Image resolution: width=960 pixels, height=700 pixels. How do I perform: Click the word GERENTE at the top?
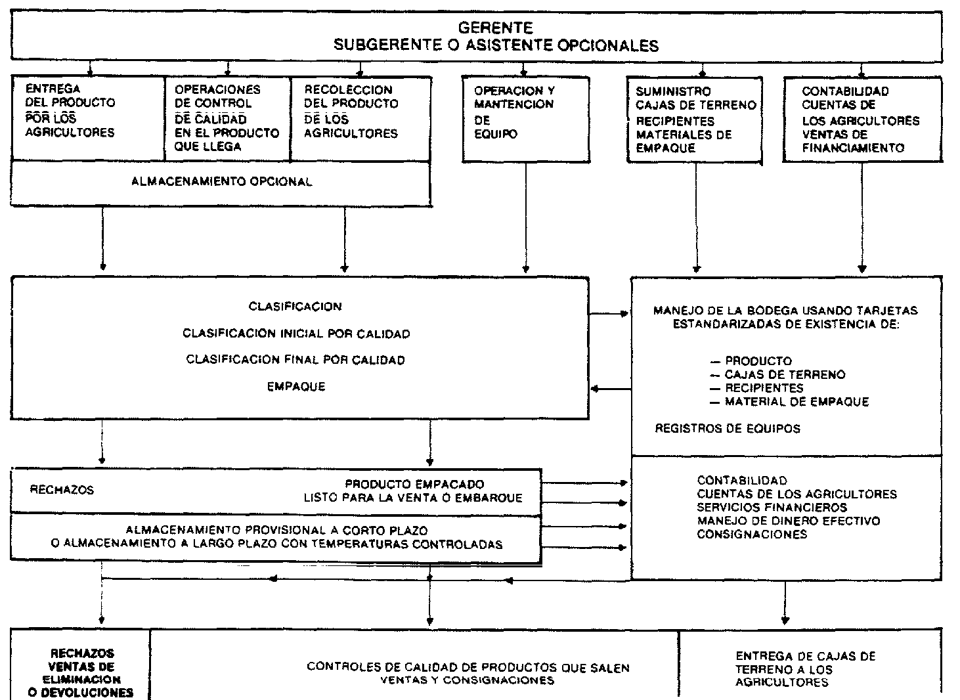click(495, 28)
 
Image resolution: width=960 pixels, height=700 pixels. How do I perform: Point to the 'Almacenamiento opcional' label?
click(221, 182)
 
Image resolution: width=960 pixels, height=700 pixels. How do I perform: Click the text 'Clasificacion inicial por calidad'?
click(296, 334)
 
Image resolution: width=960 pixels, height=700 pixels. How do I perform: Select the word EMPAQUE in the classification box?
click(296, 387)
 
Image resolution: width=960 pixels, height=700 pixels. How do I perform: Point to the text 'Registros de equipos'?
click(728, 429)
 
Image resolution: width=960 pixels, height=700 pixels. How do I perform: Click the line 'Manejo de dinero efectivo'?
click(788, 521)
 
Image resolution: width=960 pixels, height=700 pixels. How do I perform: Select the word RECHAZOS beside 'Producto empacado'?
click(62, 490)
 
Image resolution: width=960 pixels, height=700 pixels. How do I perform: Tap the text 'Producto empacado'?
click(414, 485)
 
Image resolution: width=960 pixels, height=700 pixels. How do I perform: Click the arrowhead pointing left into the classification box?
click(595, 389)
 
